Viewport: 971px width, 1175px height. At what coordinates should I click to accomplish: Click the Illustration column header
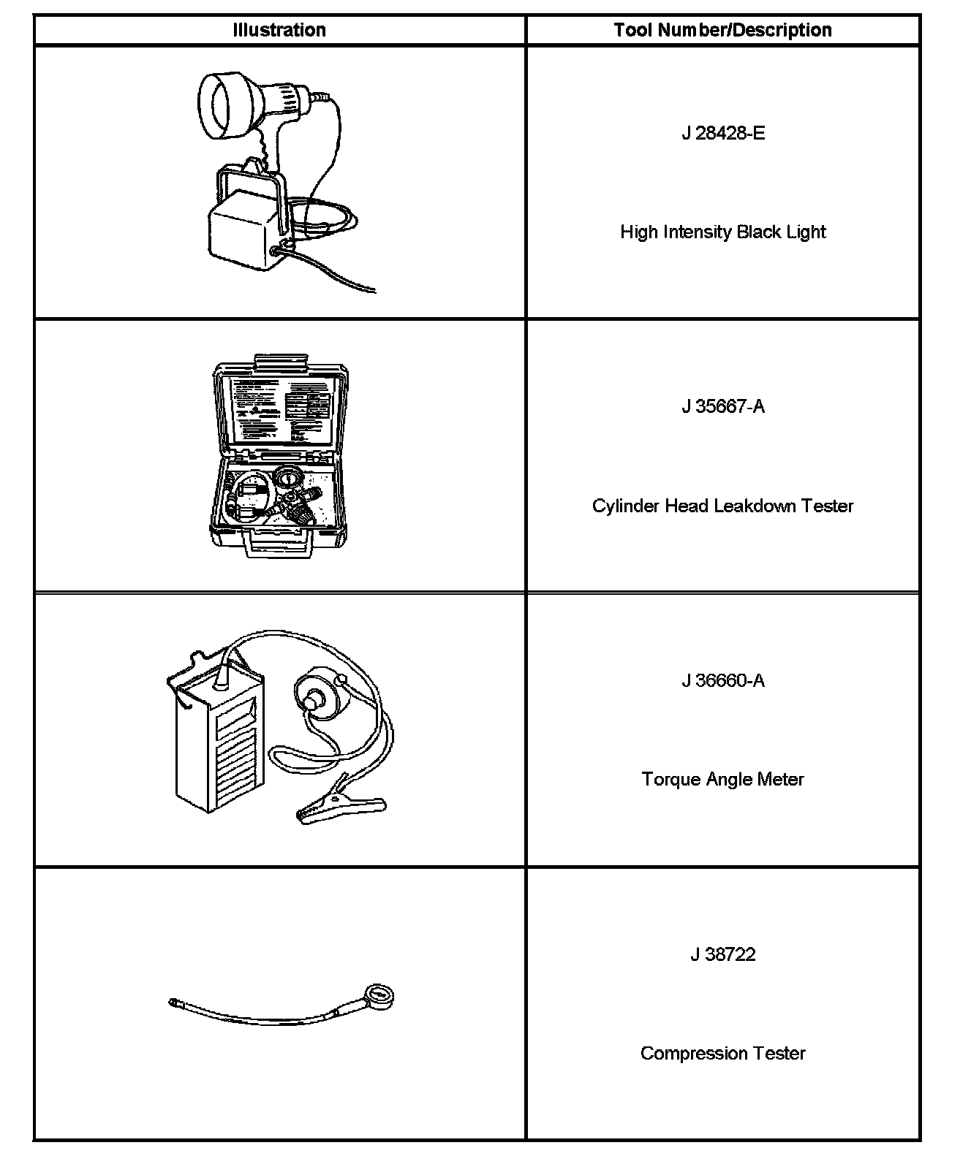click(x=279, y=30)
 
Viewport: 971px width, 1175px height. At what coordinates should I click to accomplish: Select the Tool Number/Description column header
click(x=722, y=30)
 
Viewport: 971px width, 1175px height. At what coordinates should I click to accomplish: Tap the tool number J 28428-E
click(x=723, y=133)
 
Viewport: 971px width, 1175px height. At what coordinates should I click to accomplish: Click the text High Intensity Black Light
click(x=723, y=232)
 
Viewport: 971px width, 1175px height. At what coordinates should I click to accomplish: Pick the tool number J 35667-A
click(x=723, y=406)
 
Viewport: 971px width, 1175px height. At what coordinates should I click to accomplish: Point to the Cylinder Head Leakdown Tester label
click(x=723, y=506)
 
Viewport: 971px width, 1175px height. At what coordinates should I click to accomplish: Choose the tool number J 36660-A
click(x=723, y=680)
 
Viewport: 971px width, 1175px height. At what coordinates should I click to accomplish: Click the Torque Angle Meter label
click(x=723, y=779)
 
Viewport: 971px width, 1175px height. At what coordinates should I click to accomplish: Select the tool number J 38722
click(x=723, y=954)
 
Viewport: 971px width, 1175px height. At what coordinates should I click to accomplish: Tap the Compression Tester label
click(x=723, y=1053)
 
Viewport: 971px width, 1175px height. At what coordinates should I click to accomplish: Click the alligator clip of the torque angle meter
click(x=339, y=807)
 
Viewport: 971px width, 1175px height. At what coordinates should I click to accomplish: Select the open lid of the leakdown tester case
click(x=280, y=409)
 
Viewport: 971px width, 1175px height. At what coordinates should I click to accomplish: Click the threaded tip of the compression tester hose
click(x=174, y=1003)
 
